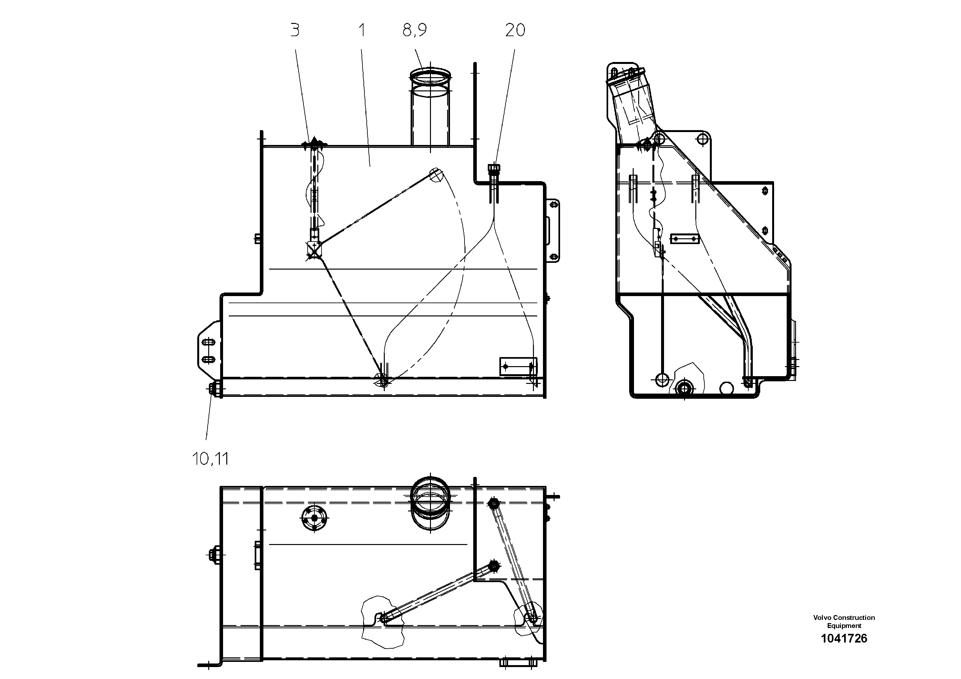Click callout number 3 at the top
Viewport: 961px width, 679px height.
[x=295, y=30]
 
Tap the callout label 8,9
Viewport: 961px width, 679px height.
[x=414, y=30]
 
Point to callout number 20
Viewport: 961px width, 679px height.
[x=515, y=30]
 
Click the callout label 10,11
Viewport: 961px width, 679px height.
[x=210, y=459]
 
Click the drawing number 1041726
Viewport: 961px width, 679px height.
[x=844, y=638]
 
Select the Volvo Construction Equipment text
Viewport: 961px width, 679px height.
[x=844, y=621]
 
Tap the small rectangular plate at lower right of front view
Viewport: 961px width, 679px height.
[x=518, y=366]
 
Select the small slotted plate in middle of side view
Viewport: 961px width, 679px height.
[x=685, y=239]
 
